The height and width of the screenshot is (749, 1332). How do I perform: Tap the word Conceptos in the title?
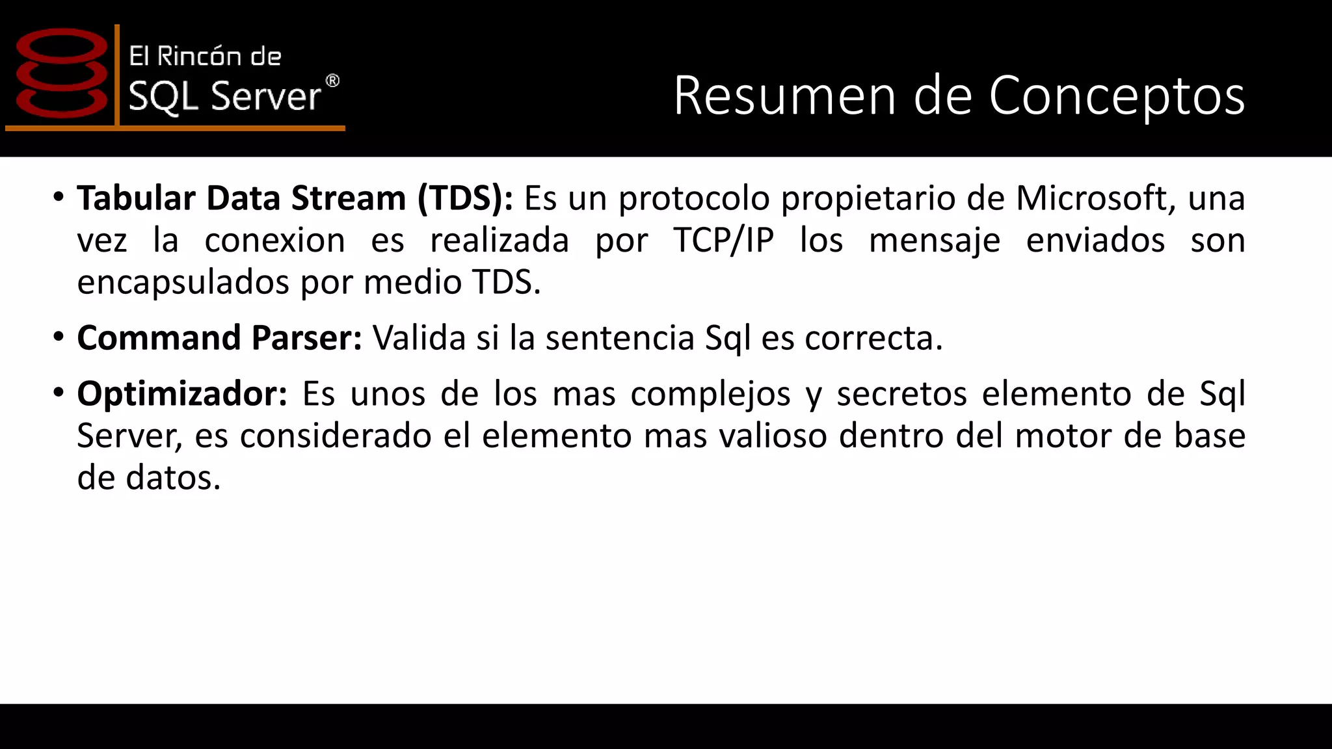(x=1117, y=96)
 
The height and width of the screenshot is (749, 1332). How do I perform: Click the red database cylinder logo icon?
(x=62, y=73)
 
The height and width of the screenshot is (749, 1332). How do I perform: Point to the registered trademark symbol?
(x=332, y=81)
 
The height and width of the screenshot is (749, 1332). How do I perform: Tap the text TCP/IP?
(x=723, y=240)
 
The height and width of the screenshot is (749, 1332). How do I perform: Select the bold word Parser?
(x=306, y=337)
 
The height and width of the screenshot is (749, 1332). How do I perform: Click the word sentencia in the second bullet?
(x=620, y=337)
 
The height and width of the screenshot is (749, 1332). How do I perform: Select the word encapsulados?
(x=183, y=282)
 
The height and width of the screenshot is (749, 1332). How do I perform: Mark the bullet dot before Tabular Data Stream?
(x=59, y=196)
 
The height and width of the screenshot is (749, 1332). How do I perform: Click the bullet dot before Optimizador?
(x=59, y=392)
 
